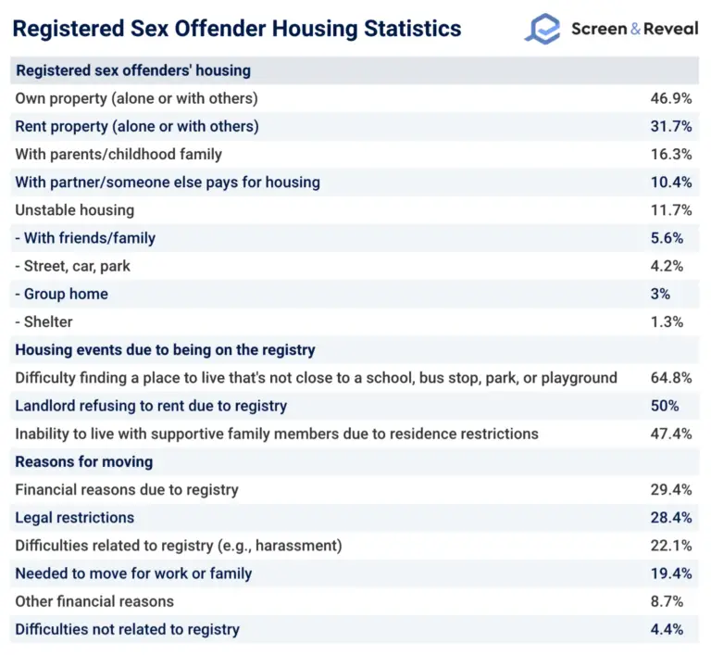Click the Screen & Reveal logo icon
point(543,29)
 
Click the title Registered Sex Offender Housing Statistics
point(236,29)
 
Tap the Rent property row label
point(137,126)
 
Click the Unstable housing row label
point(75,210)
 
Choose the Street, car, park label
point(74,266)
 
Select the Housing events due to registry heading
point(166,350)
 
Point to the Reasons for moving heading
point(84,461)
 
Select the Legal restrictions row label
point(75,518)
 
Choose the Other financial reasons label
point(94,601)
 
